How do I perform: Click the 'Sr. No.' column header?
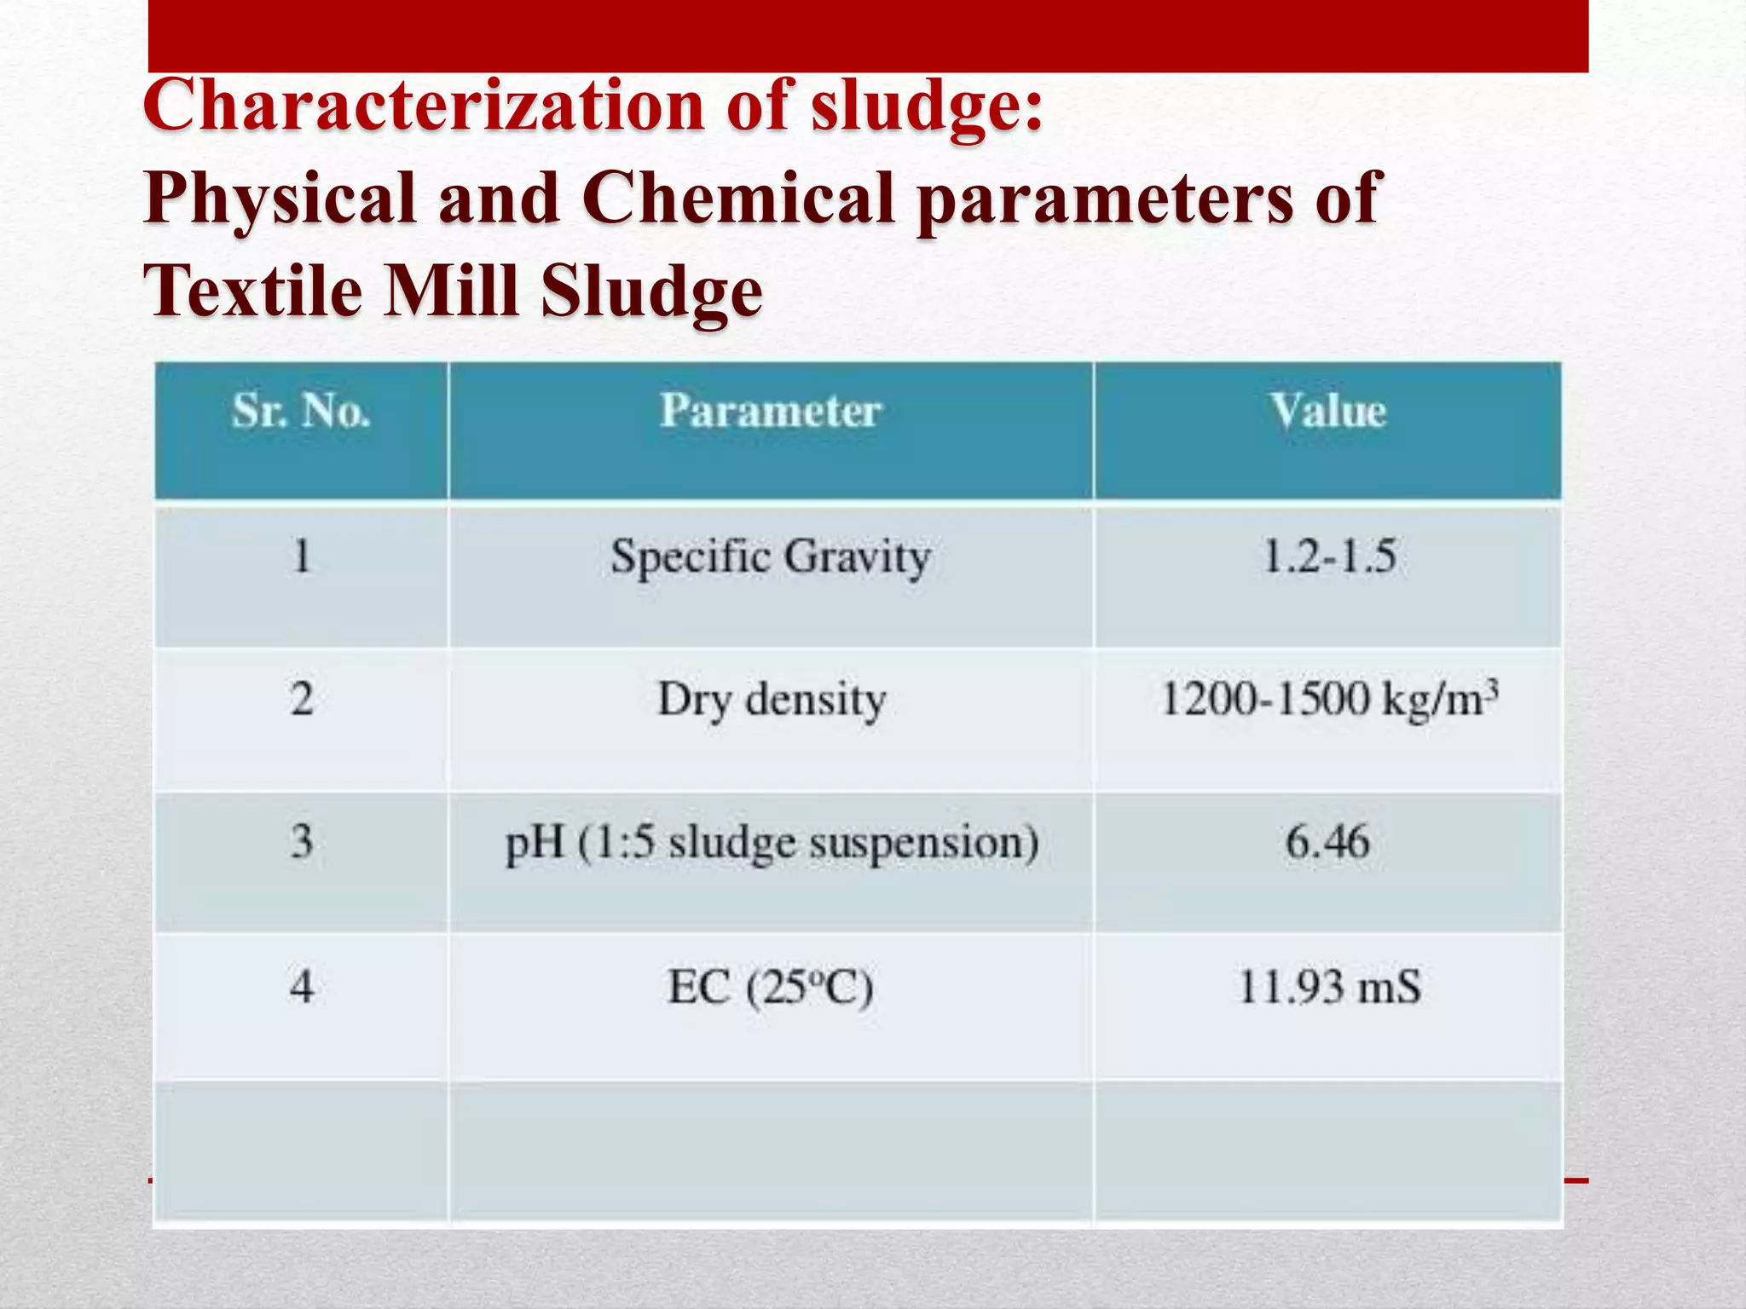(301, 412)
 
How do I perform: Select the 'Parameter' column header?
(770, 412)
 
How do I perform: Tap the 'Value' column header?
(1328, 412)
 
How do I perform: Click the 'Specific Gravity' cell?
(770, 559)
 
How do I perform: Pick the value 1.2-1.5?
(1328, 557)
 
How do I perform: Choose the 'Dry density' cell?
(772, 701)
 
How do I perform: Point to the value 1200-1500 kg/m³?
(1328, 700)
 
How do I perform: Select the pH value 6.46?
(1328, 842)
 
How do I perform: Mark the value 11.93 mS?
(1328, 988)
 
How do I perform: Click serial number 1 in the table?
(301, 557)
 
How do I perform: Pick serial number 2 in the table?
(301, 700)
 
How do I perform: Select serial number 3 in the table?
(301, 842)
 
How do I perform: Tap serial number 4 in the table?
(301, 988)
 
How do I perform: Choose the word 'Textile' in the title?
(252, 291)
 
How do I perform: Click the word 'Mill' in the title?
(451, 291)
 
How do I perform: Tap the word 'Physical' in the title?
(280, 199)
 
